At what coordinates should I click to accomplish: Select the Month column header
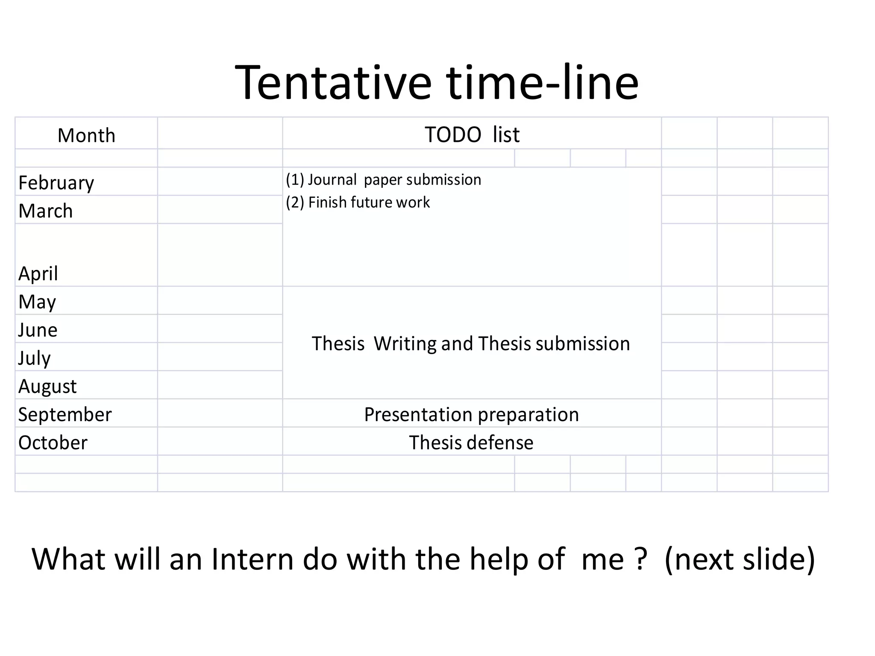[86, 135]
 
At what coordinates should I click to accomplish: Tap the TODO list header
[472, 135]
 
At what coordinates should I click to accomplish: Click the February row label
[56, 183]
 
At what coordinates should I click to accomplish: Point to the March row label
[46, 211]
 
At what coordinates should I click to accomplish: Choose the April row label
[38, 273]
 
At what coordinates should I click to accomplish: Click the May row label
[37, 302]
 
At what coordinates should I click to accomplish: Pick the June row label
[38, 330]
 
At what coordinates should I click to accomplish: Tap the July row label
[34, 358]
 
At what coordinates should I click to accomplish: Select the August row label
[47, 387]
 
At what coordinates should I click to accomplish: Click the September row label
[65, 415]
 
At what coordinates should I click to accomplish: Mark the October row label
[53, 443]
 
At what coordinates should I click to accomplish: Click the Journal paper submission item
[383, 180]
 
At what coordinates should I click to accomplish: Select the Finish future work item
[358, 202]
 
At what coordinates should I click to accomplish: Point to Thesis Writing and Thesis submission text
[471, 344]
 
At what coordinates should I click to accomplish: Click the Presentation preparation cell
[471, 415]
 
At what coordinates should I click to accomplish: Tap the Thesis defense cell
[471, 443]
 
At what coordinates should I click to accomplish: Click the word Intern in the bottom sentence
[252, 559]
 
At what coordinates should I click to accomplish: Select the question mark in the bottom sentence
[640, 559]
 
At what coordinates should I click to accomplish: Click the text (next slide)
[740, 559]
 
